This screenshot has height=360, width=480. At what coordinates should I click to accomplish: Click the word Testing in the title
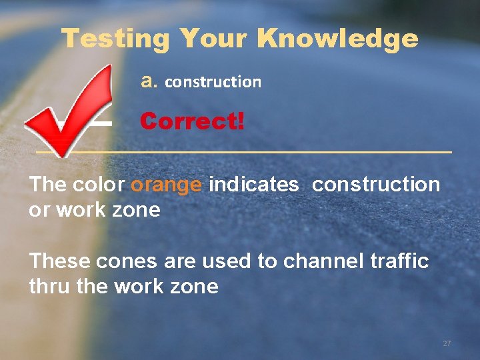(x=115, y=39)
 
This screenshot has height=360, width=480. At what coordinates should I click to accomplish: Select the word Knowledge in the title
(x=338, y=39)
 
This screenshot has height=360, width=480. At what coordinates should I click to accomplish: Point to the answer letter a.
(x=149, y=81)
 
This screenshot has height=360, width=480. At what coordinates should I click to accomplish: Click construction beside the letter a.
(x=213, y=82)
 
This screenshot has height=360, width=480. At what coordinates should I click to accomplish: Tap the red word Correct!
(x=192, y=121)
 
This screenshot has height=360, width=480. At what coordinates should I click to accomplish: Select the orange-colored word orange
(x=166, y=185)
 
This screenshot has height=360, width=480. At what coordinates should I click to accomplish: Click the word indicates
(x=253, y=185)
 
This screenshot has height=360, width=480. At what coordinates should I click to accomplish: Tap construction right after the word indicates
(x=376, y=185)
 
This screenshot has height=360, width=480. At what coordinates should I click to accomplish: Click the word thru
(x=49, y=286)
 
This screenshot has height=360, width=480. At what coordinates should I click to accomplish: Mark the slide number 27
(x=447, y=343)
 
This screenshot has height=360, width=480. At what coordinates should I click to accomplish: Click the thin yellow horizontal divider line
(x=267, y=153)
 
